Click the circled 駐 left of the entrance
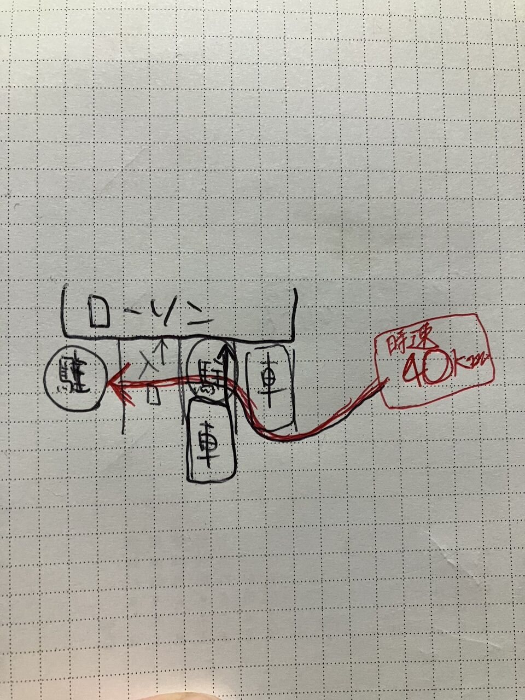(72, 377)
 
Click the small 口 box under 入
(155, 395)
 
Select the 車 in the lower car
(209, 440)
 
